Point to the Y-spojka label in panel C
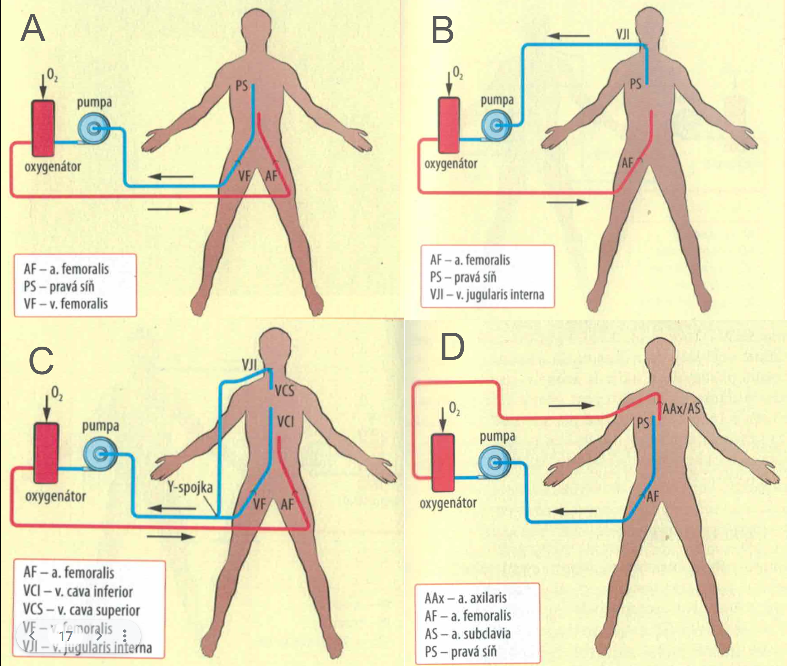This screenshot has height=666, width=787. [190, 487]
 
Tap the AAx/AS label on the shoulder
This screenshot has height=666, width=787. [681, 409]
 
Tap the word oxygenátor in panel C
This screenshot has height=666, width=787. [55, 496]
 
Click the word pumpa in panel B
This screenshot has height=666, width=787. [497, 101]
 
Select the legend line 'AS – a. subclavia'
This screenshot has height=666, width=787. [467, 634]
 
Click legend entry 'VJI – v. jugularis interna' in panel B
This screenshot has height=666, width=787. [487, 294]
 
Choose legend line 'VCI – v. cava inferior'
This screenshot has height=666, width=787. [78, 591]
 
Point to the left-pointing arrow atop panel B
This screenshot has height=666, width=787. [568, 36]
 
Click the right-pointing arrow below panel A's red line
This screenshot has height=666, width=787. [170, 209]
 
